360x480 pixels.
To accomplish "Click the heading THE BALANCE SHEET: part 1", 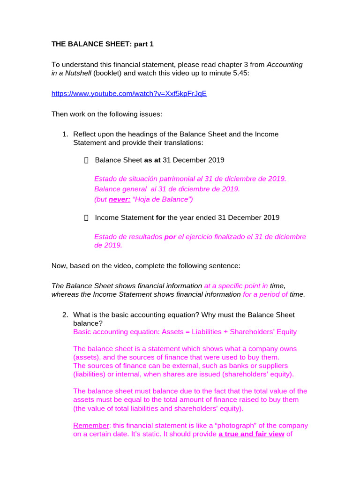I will pyautogui.click(x=102, y=44).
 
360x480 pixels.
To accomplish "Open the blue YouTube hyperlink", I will pyautogui.click(x=129, y=94).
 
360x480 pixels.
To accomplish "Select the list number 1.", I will pyautogui.click(x=65, y=134).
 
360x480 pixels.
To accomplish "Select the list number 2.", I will pyautogui.click(x=65, y=315).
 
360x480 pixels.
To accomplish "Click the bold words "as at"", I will pyautogui.click(x=152, y=160).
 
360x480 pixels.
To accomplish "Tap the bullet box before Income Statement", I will pyautogui.click(x=86, y=218).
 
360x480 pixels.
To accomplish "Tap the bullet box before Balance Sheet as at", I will pyautogui.click(x=86, y=160).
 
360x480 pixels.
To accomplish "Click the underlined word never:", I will pyautogui.click(x=120, y=199).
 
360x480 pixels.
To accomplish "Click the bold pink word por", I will pyautogui.click(x=170, y=237).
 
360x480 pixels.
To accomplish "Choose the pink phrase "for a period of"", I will pyautogui.click(x=265, y=294).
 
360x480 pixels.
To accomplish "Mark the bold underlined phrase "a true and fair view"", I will pyautogui.click(x=251, y=434).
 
